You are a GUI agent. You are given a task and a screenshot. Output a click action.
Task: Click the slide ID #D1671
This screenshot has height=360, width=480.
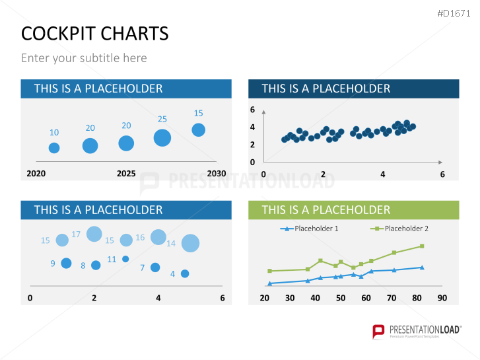[454, 13]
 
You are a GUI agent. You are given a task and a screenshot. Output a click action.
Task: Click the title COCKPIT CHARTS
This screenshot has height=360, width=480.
[94, 33]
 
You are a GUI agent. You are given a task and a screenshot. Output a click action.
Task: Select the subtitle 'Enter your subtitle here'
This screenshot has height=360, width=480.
[84, 58]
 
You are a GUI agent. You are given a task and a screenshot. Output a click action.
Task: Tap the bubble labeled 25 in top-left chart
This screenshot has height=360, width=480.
[162, 137]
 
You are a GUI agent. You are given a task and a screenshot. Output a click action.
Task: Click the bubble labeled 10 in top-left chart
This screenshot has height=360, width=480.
[54, 148]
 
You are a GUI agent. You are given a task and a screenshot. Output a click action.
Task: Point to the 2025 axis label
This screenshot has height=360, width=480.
[126, 174]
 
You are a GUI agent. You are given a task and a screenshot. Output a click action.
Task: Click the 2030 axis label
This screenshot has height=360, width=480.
[216, 174]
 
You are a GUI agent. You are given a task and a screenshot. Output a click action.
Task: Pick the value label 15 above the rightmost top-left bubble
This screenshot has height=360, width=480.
[198, 113]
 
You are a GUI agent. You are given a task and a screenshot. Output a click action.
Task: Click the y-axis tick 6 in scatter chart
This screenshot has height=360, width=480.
[252, 110]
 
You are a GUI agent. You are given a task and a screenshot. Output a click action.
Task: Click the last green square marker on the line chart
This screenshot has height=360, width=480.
[422, 246]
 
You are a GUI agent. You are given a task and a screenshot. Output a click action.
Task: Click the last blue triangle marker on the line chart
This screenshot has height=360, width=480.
[422, 268]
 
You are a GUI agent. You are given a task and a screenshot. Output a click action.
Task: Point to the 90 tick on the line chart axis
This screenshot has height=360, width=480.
[442, 298]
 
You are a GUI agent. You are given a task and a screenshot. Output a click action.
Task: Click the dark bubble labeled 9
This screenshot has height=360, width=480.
[66, 264]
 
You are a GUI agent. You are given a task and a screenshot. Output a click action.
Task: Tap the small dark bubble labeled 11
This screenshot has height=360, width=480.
[125, 259]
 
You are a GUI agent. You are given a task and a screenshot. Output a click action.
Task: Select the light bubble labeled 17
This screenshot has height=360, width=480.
[94, 233]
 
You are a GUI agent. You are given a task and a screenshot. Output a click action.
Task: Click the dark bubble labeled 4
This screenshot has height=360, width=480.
[185, 273]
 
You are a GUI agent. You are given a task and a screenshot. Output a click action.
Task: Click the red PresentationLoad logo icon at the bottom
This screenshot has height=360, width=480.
[378, 331]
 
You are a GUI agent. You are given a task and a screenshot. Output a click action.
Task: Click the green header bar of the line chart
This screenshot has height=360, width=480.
[353, 210]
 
